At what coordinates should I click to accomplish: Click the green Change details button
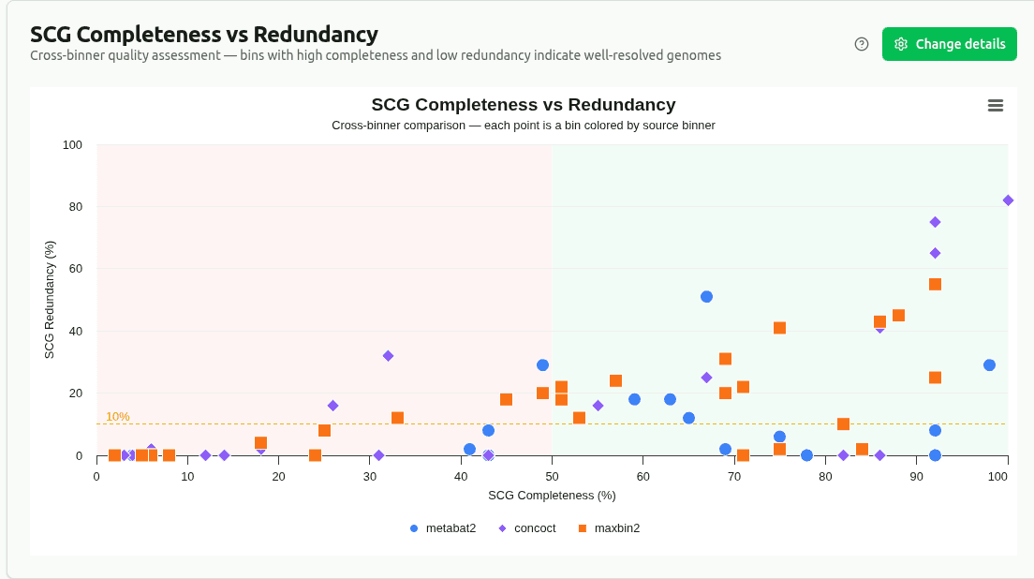[x=949, y=44]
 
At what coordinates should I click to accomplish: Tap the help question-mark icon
[x=862, y=44]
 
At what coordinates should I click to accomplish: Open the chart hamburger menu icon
[x=996, y=106]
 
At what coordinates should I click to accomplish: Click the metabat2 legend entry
[x=442, y=528]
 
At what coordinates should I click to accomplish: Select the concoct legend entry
[x=526, y=528]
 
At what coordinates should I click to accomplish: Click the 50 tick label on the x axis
[x=552, y=477]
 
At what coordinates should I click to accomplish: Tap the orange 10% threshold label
[x=117, y=417]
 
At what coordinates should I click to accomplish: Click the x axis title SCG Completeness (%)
[x=552, y=495]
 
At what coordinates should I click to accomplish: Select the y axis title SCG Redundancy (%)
[x=50, y=300]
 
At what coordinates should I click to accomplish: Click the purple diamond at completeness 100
[x=1008, y=200]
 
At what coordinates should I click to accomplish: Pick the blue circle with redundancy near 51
[x=706, y=297]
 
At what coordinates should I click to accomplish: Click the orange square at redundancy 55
[x=935, y=285]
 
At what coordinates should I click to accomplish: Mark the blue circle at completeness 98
[x=989, y=365]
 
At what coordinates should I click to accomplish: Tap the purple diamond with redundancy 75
[x=935, y=222]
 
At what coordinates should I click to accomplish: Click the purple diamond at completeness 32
[x=388, y=356]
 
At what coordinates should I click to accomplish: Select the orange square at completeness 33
[x=397, y=418]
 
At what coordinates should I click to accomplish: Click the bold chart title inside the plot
[x=523, y=105]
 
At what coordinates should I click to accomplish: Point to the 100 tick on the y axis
[x=73, y=145]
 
